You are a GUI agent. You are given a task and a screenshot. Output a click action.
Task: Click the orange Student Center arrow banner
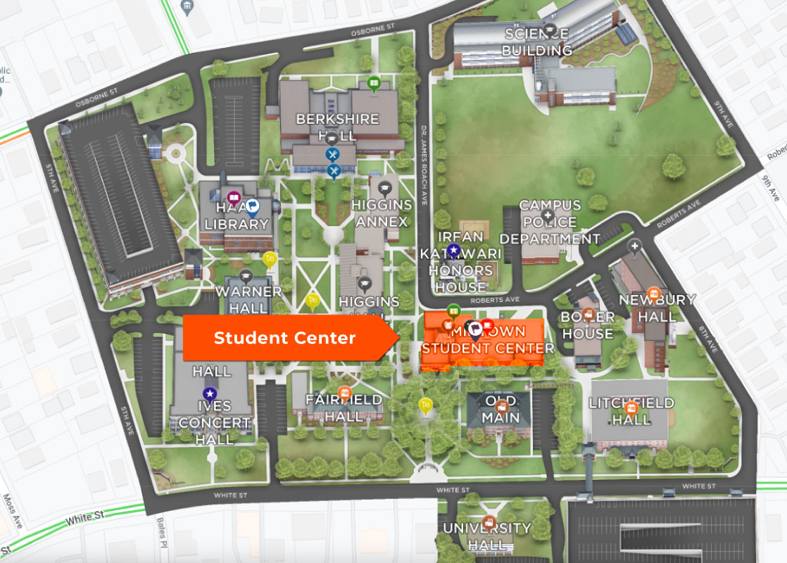(285, 338)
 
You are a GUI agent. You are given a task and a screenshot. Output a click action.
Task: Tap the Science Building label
(538, 42)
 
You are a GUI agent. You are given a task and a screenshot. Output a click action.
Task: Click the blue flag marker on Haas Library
(253, 206)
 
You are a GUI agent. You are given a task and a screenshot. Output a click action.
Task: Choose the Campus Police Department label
(550, 222)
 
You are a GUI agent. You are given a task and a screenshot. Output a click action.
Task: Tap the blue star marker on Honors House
(455, 250)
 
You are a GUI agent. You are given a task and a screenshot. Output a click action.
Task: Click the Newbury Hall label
(656, 308)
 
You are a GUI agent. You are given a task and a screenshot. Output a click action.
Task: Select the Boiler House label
(587, 325)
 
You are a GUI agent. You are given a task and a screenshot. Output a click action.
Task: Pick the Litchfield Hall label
(631, 411)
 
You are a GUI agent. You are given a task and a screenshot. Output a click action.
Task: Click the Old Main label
(500, 410)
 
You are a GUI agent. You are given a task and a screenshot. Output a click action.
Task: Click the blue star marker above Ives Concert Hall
(209, 393)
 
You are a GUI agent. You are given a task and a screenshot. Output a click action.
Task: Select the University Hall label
(486, 536)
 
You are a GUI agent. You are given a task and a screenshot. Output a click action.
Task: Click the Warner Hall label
(248, 299)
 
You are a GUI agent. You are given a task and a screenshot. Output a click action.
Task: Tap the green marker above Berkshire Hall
(374, 83)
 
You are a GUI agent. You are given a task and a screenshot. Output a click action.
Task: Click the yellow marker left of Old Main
(424, 405)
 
